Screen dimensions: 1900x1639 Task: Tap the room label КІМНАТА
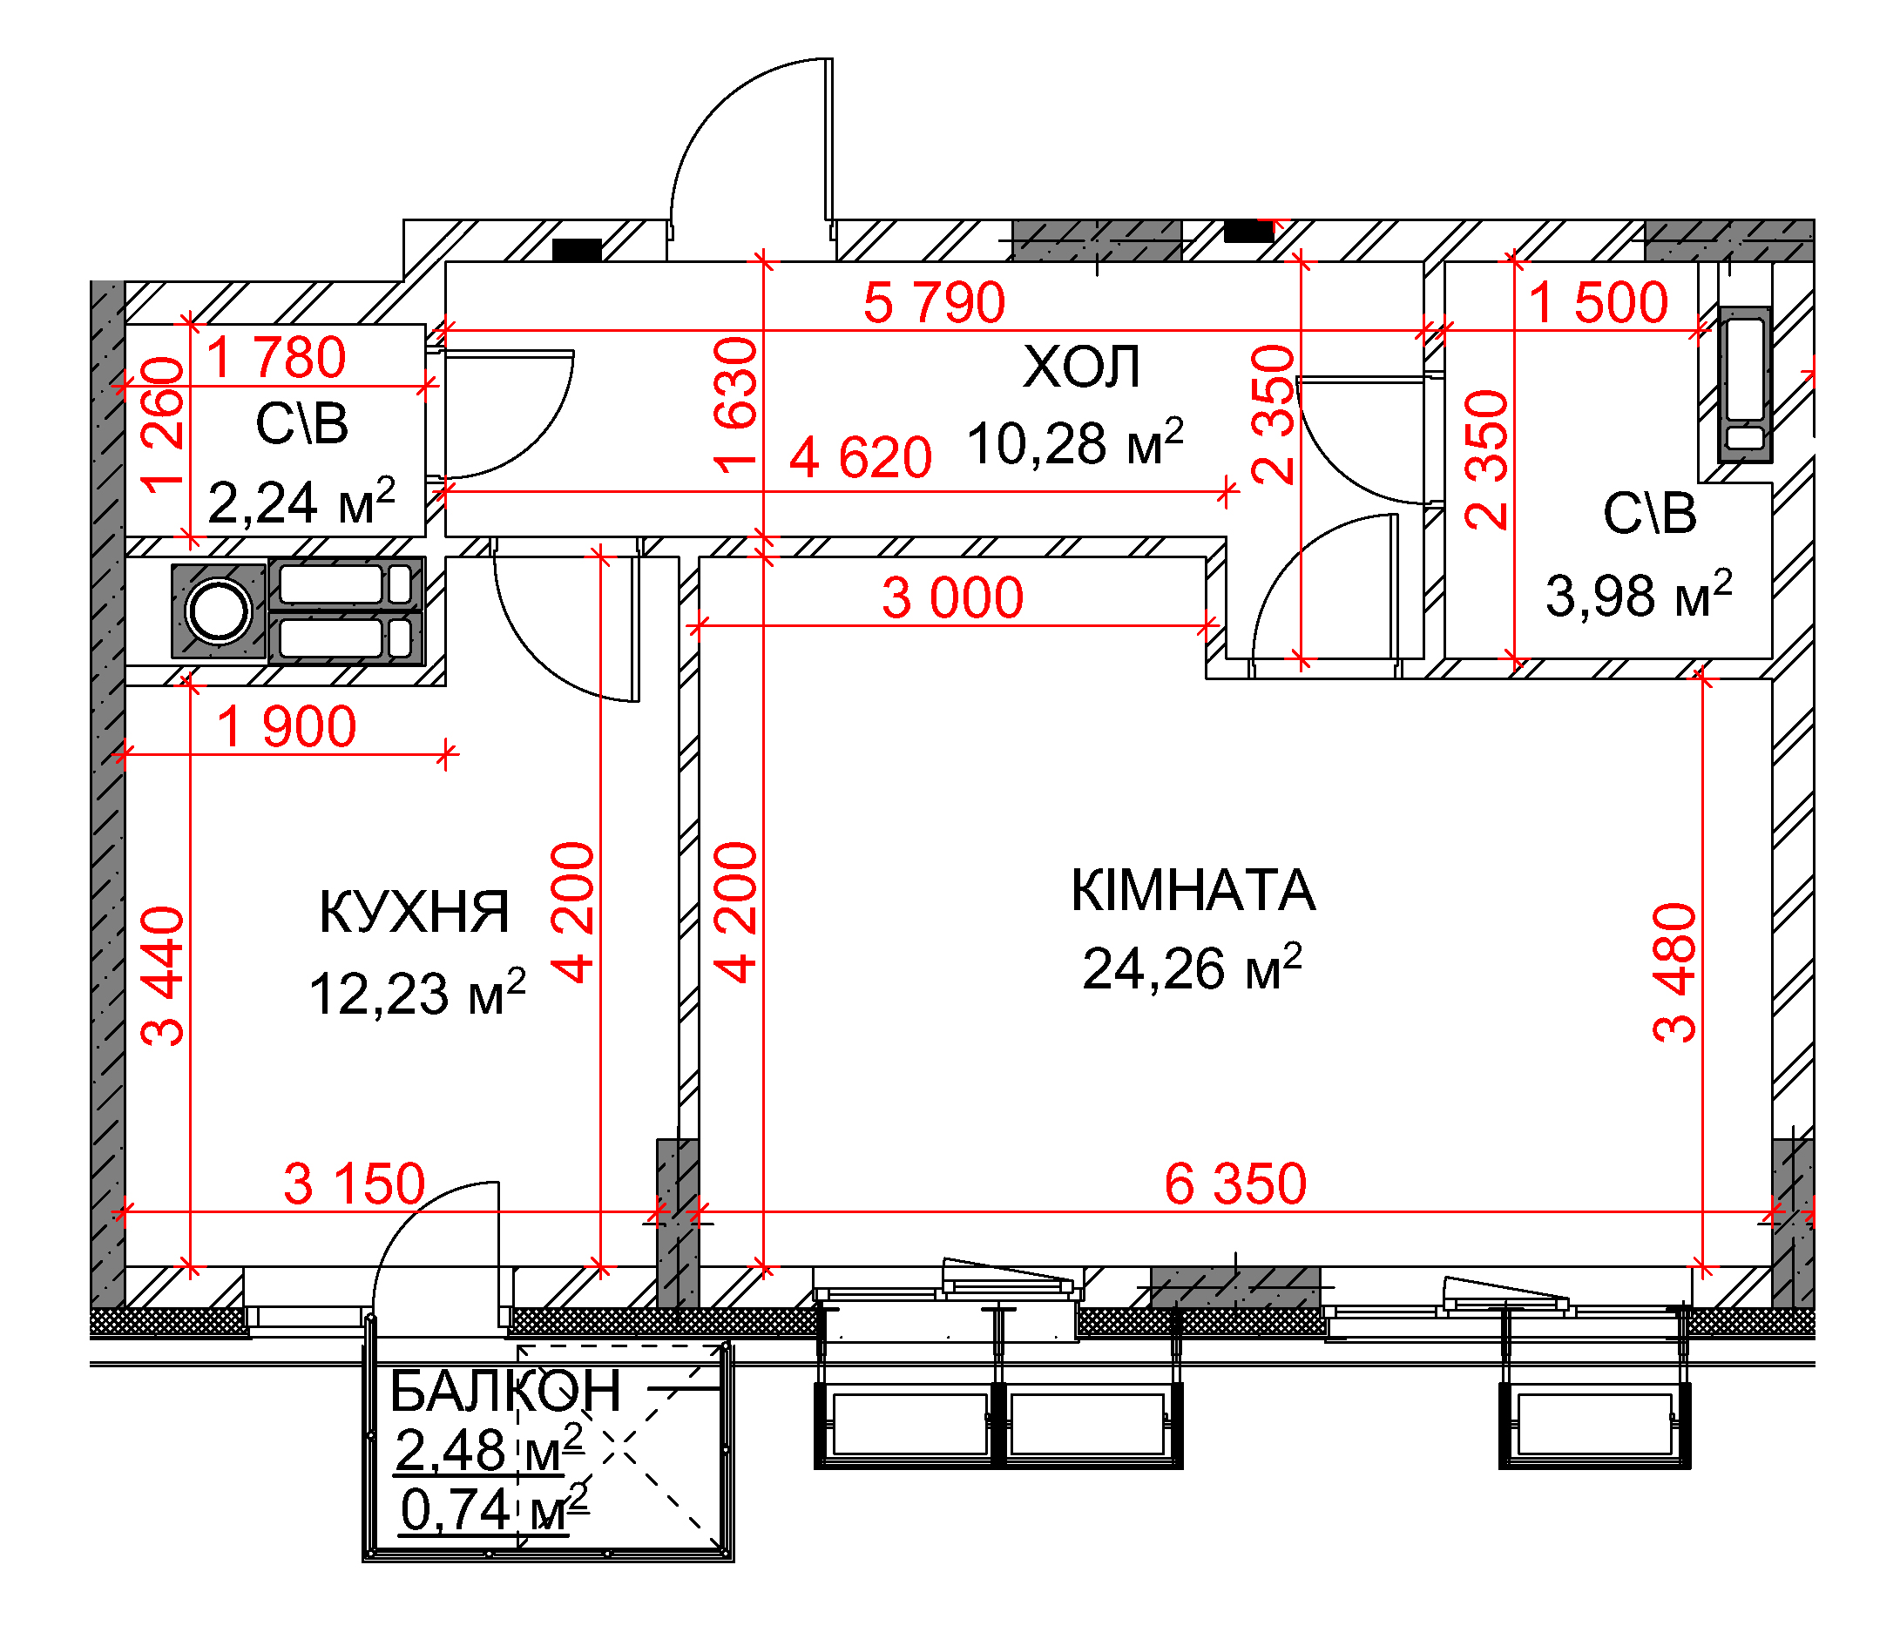pos(1193,890)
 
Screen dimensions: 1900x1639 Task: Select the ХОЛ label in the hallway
pos(1081,367)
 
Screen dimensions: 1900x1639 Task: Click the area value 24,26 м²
pos(1192,968)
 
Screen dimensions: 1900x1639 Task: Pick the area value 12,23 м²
pos(417,993)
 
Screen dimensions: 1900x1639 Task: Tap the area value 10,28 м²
pos(1075,442)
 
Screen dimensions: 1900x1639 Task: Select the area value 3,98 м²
pos(1639,594)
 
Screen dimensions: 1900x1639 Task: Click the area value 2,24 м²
pos(301,502)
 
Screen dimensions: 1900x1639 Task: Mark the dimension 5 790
pos(935,302)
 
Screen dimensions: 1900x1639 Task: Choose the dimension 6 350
pos(1235,1184)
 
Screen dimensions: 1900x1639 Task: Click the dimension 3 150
pos(354,1184)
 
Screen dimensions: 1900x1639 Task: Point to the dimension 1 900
pos(286,727)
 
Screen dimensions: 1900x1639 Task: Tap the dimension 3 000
pos(953,597)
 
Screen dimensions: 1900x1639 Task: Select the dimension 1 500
pos(1599,302)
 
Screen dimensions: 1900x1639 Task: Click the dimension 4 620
pos(861,457)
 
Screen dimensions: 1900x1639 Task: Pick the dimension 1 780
pos(276,358)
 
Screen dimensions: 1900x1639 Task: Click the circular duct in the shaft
pos(219,610)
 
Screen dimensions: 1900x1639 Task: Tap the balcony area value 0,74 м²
pos(494,1510)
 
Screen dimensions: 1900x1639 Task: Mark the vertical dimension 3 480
pos(1675,973)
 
